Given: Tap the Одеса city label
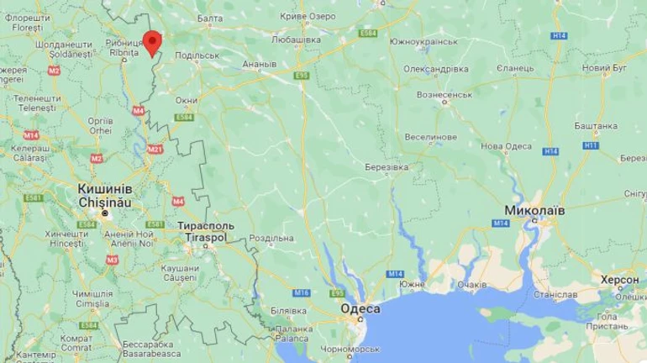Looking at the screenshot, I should pos(360,309).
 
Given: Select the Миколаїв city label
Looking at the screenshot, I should pos(534,208).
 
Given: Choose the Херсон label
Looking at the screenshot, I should pos(619,278).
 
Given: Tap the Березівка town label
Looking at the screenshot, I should pos(386,167).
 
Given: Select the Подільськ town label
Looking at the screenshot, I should pos(197,56).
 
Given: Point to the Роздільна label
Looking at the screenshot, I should pos(271,239).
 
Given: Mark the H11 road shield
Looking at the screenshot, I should pos(592,145).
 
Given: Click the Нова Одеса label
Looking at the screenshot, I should pos(506,146).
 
